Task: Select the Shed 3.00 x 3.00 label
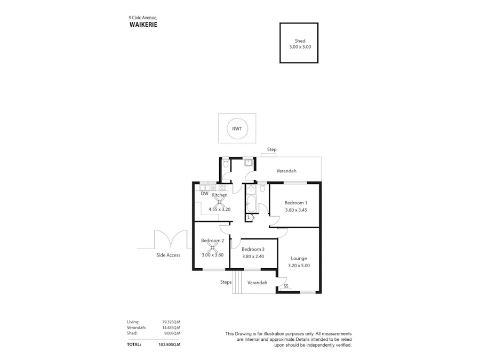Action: [300, 44]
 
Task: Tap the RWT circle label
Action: [236, 129]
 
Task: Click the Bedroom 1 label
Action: [295, 203]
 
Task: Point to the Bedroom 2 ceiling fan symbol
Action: [212, 247]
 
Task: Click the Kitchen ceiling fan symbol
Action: [220, 202]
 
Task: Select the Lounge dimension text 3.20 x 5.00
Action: [299, 265]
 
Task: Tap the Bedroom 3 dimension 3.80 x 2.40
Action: [253, 257]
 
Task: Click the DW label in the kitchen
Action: [204, 194]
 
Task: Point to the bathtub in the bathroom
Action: [251, 204]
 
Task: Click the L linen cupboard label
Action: [249, 217]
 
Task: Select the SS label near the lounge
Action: [286, 286]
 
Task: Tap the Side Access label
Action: [168, 255]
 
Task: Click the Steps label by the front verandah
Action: [226, 282]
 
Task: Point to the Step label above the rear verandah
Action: [272, 150]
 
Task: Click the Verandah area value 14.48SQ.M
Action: [171, 327]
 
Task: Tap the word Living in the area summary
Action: [133, 322]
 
